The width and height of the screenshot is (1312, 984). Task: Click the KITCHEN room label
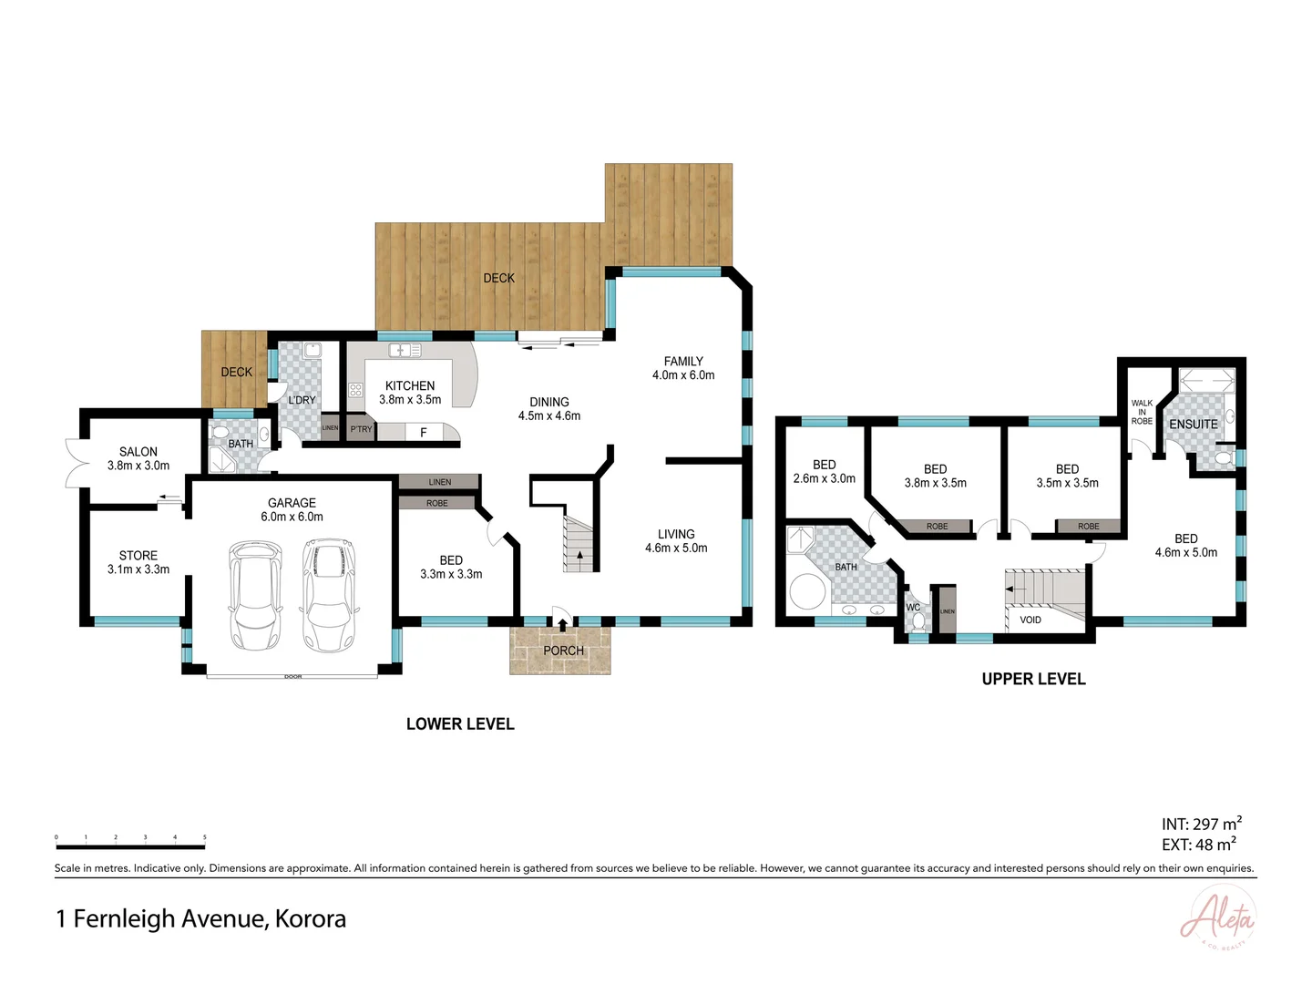(410, 385)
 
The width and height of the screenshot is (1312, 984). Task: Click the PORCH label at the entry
(563, 651)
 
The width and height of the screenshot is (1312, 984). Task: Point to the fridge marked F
(423, 433)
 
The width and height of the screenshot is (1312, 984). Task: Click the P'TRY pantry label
(361, 429)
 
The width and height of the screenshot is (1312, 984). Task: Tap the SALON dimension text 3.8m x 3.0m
(138, 466)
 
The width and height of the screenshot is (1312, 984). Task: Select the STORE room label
(138, 555)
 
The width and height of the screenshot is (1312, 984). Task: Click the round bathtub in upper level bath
(807, 591)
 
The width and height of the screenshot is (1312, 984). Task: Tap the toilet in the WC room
(918, 622)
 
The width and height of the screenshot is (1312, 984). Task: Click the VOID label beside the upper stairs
(1030, 620)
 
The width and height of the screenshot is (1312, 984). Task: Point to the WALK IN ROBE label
(1142, 412)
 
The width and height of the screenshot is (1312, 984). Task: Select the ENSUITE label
(1193, 425)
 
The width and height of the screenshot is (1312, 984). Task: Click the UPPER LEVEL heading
(1033, 679)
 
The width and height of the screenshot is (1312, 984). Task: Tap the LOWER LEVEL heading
(460, 724)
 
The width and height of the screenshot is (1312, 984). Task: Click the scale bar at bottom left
(130, 846)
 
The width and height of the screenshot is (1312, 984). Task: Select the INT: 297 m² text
(1201, 824)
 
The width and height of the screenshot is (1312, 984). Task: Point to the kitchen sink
(405, 350)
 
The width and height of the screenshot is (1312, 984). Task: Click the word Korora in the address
(311, 918)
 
